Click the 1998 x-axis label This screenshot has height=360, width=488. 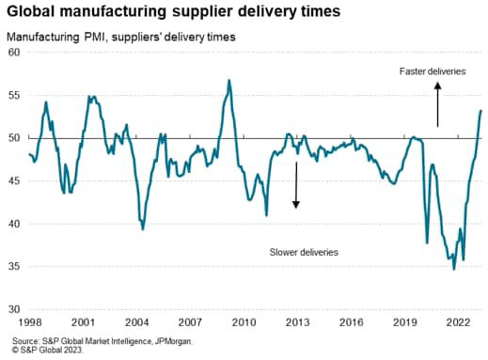(x=30, y=321)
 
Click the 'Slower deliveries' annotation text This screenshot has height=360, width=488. (x=304, y=253)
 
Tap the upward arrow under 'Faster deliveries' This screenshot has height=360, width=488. (x=437, y=103)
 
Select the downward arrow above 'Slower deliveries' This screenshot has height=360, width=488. (x=296, y=184)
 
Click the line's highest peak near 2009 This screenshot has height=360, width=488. (x=228, y=81)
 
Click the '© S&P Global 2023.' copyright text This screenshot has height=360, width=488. (x=46, y=351)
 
